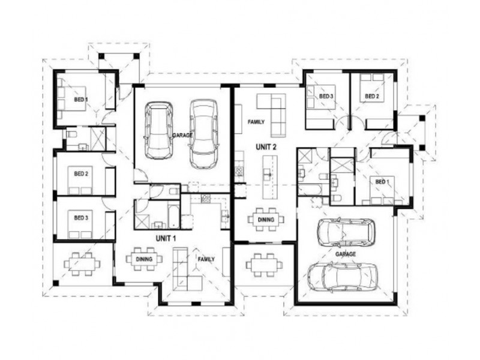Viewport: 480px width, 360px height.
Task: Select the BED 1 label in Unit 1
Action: tap(80, 99)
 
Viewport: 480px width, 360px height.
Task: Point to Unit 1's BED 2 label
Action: tap(81, 174)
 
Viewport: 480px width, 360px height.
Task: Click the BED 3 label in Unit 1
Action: tap(81, 217)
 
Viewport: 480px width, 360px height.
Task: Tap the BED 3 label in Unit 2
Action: tap(326, 96)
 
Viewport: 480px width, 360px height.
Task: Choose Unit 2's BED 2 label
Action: tap(372, 96)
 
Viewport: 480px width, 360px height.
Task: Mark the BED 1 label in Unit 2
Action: tap(382, 181)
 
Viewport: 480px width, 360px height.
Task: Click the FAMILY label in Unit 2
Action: tap(256, 122)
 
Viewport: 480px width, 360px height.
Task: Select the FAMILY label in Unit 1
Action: tap(206, 259)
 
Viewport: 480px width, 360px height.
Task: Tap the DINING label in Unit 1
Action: tap(143, 259)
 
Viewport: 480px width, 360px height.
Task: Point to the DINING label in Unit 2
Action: tap(266, 220)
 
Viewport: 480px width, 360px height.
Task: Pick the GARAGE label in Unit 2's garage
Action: tap(346, 254)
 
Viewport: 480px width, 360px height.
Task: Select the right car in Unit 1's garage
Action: tap(203, 133)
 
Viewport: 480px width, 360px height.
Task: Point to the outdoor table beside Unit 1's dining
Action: tap(80, 263)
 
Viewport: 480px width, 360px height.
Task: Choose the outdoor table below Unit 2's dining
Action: tap(262, 263)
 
